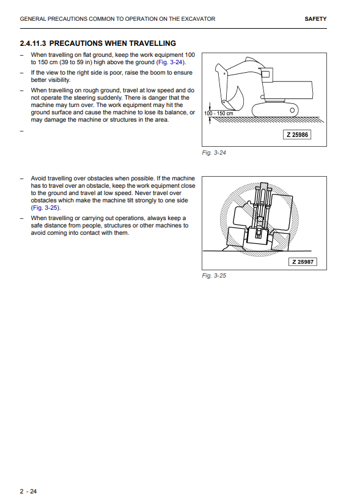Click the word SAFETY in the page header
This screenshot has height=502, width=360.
[315, 19]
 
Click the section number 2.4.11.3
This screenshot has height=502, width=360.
[33, 43]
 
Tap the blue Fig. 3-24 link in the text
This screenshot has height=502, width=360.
[171, 62]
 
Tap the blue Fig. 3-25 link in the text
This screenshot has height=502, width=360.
[45, 208]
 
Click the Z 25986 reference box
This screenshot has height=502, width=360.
[297, 135]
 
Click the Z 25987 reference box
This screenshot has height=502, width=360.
[303, 262]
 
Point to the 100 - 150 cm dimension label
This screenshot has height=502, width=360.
[219, 113]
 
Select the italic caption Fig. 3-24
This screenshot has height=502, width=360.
[214, 153]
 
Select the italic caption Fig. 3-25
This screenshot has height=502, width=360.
[214, 276]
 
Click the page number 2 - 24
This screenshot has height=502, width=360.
[29, 492]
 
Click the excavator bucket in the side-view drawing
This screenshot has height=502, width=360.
[234, 98]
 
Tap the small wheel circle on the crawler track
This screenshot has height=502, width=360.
[292, 111]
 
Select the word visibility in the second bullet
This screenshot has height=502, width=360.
[59, 80]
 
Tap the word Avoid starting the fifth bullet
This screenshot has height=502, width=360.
[38, 179]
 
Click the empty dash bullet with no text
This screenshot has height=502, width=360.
[22, 131]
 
